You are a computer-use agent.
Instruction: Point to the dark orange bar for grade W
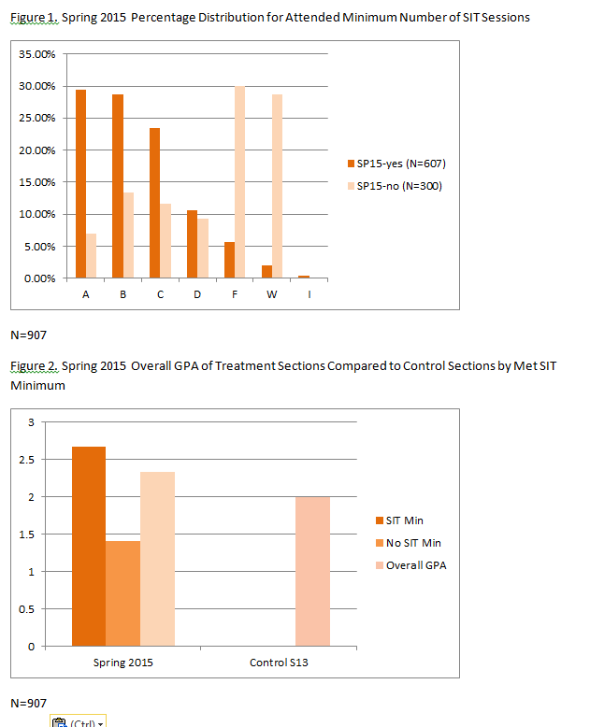(x=266, y=272)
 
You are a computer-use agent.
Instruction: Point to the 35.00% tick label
(x=37, y=54)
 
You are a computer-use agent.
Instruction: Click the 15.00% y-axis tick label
(x=37, y=182)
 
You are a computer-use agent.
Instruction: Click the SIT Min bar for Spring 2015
(x=89, y=546)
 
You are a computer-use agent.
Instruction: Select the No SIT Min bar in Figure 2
(x=123, y=593)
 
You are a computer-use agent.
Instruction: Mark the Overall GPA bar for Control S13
(x=312, y=571)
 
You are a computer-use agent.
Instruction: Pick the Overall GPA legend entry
(x=415, y=564)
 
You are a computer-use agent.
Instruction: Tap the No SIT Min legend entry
(x=413, y=542)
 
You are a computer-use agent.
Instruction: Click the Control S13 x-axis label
(x=279, y=663)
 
